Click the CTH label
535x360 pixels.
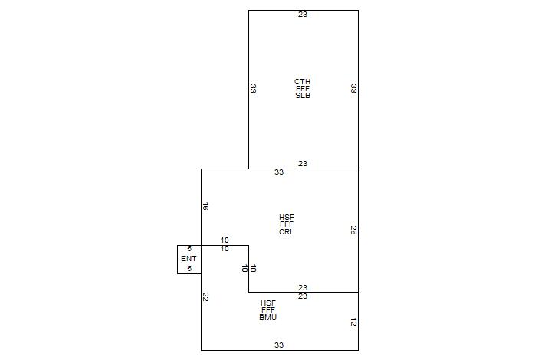point(303,81)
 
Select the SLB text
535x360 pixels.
point(303,96)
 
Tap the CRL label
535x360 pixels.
point(287,231)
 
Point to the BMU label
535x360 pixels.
point(268,317)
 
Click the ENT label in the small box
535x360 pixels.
point(189,259)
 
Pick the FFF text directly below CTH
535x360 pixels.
point(303,89)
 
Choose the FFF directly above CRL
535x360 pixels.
point(287,224)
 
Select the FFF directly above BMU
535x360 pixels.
point(268,310)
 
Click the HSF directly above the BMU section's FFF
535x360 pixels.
point(268,303)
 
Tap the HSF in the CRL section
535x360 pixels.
point(287,218)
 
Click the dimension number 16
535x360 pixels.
point(206,206)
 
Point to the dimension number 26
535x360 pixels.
point(353,230)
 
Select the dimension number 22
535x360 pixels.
point(206,296)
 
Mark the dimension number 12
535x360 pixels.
point(353,322)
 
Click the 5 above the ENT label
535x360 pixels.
point(189,249)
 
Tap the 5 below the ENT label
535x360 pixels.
point(189,269)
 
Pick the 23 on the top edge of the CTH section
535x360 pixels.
point(303,15)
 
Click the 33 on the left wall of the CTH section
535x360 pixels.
point(254,89)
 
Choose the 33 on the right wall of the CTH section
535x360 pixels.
point(353,89)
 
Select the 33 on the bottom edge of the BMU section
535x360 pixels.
point(279,345)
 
